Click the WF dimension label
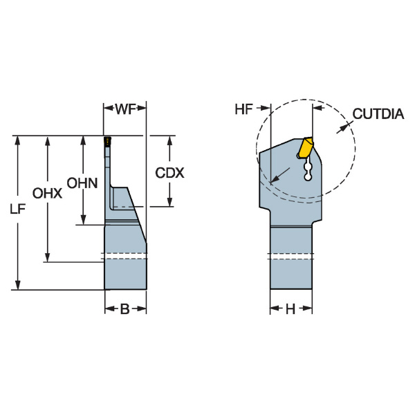click(x=125, y=109)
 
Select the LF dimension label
click(x=17, y=210)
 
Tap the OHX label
click(x=47, y=194)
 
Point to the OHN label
click(x=82, y=183)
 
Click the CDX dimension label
click(x=169, y=173)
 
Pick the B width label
click(x=125, y=308)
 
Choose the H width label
click(x=290, y=308)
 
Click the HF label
click(x=243, y=109)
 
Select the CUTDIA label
click(x=378, y=114)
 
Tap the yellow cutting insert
click(x=306, y=147)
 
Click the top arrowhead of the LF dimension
click(x=17, y=140)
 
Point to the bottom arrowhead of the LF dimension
click(x=17, y=285)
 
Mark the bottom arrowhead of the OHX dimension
click(x=47, y=257)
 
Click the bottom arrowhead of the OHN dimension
click(x=84, y=221)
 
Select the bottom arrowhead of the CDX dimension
click(x=169, y=202)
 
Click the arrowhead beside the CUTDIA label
click(x=342, y=128)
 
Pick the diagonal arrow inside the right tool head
click(x=281, y=175)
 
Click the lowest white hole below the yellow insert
click(x=308, y=177)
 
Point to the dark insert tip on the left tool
click(x=107, y=141)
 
